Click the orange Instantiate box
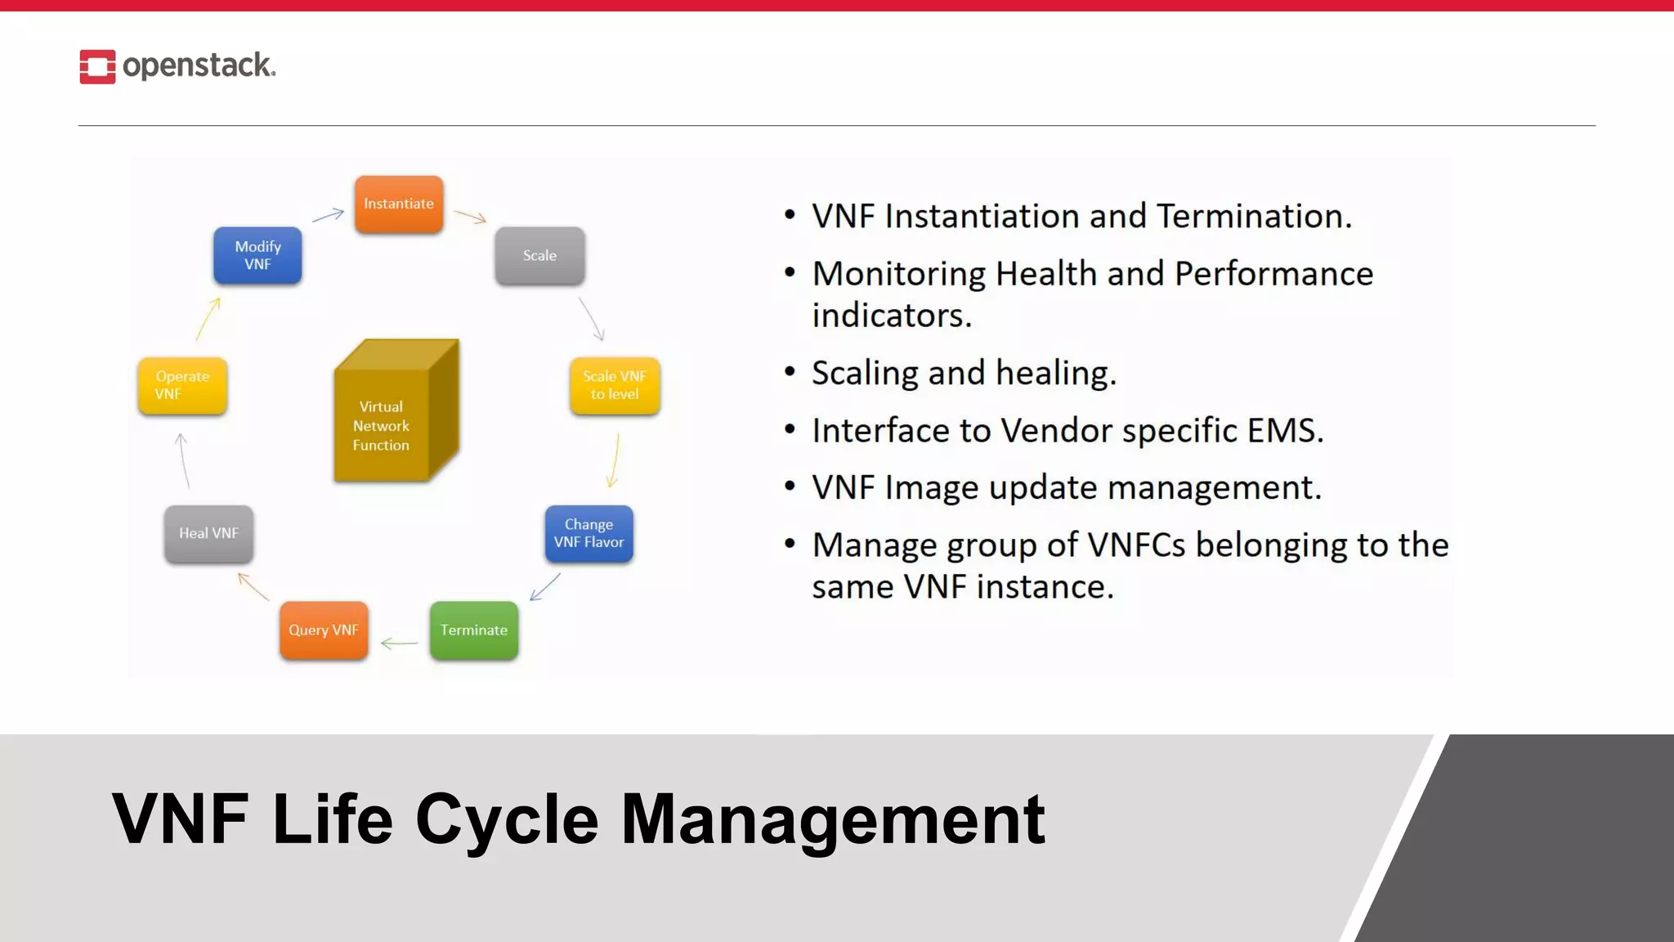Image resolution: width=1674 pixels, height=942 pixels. [399, 204]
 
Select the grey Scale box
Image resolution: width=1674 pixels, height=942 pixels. [539, 256]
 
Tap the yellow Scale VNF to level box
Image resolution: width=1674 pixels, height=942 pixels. [615, 385]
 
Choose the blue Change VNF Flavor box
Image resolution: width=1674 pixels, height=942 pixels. [589, 533]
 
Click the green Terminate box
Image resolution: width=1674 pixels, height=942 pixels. [474, 630]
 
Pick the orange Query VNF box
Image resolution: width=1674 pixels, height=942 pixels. [324, 630]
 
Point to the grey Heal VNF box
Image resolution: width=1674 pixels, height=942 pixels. [208, 533]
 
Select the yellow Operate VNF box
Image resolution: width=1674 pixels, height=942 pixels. [182, 385]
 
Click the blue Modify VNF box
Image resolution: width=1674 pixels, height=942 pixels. [257, 256]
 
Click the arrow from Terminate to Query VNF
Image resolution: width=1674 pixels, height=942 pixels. [399, 644]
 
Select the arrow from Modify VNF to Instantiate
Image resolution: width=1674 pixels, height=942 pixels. [328, 215]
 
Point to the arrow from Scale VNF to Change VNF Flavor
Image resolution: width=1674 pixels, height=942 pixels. [614, 460]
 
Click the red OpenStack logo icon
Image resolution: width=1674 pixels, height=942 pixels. [97, 67]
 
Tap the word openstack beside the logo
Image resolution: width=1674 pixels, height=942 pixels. [198, 65]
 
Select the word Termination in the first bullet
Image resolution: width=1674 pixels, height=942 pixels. [1254, 217]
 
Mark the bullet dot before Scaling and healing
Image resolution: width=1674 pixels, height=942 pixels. [790, 372]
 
